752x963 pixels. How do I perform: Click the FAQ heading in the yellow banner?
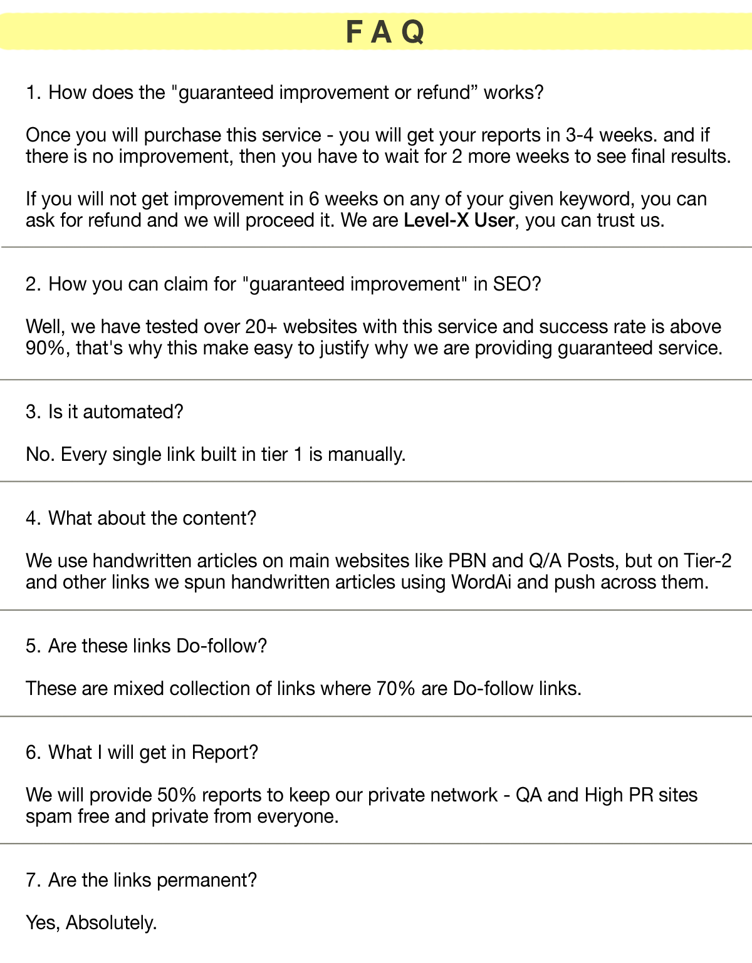click(385, 32)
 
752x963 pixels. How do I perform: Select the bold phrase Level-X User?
click(459, 220)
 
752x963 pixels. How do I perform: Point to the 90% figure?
click(45, 348)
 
